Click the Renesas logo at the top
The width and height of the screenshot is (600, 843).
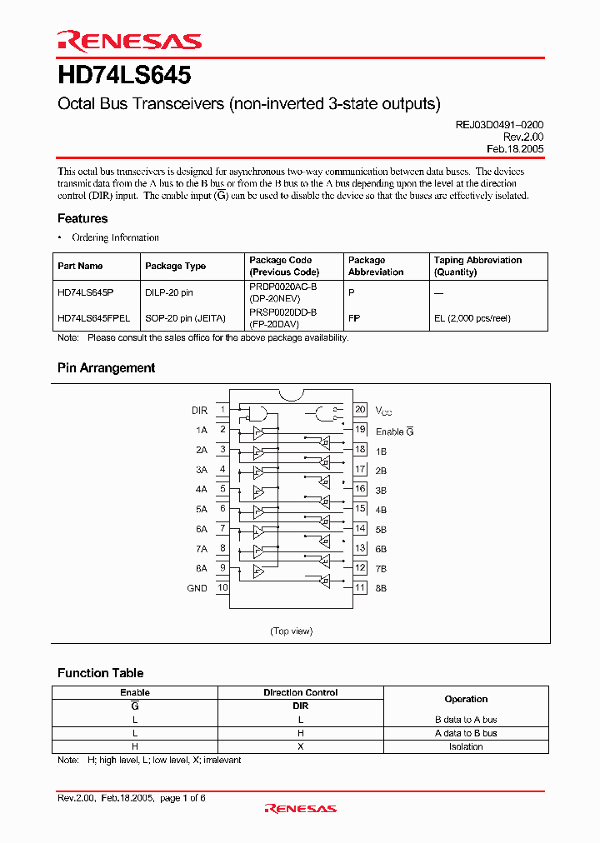[x=129, y=41]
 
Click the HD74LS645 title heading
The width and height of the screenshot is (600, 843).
[x=124, y=76]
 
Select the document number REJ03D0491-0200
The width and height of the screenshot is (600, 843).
[x=499, y=124]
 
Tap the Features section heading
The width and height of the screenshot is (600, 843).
[x=82, y=218]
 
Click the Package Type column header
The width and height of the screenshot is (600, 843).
[x=175, y=266]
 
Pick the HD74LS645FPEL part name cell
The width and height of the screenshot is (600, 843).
[x=93, y=317]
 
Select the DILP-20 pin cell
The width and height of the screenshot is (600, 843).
[x=170, y=292]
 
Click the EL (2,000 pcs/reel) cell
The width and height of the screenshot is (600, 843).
[x=472, y=317]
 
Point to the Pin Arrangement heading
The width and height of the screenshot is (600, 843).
[x=106, y=367]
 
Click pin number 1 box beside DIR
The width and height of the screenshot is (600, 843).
[x=222, y=410]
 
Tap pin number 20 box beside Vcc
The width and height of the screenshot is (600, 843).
[x=360, y=410]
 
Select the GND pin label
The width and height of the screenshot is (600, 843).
[x=197, y=588]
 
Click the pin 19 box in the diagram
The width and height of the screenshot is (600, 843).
[x=360, y=430]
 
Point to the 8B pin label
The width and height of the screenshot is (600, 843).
[x=382, y=588]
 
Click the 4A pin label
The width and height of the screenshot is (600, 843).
[x=201, y=489]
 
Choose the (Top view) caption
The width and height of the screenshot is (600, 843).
[x=291, y=631]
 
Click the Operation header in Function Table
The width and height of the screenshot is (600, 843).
[x=466, y=699]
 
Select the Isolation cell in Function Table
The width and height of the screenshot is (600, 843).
[x=466, y=746]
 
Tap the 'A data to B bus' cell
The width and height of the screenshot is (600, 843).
[x=466, y=733]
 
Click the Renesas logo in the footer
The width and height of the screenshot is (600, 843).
[x=300, y=808]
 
